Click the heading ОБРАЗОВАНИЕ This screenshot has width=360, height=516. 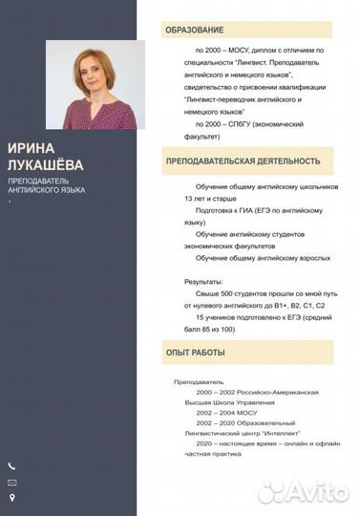tap(195, 31)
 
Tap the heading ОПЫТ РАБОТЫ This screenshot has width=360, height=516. tap(194, 355)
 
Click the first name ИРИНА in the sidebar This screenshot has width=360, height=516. tap(30, 148)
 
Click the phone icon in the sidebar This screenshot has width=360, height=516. tap(11, 465)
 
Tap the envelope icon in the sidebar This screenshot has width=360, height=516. tap(11, 482)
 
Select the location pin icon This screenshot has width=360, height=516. tap(11, 497)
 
